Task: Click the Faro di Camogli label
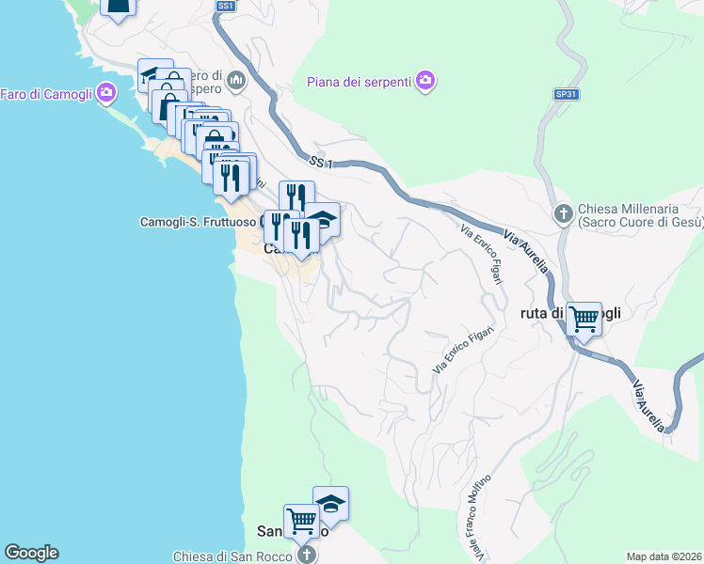(46, 93)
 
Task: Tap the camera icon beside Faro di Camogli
(105, 92)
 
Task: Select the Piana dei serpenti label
(360, 81)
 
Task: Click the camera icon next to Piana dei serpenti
(426, 80)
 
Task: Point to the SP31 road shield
(565, 95)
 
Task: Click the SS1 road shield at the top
(225, 6)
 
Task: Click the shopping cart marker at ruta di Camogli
(584, 320)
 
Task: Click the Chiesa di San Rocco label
(232, 555)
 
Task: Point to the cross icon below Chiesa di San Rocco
(305, 555)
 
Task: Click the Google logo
(31, 553)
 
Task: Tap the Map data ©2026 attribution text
(664, 556)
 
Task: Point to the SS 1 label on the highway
(321, 164)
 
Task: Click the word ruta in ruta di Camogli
(534, 313)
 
